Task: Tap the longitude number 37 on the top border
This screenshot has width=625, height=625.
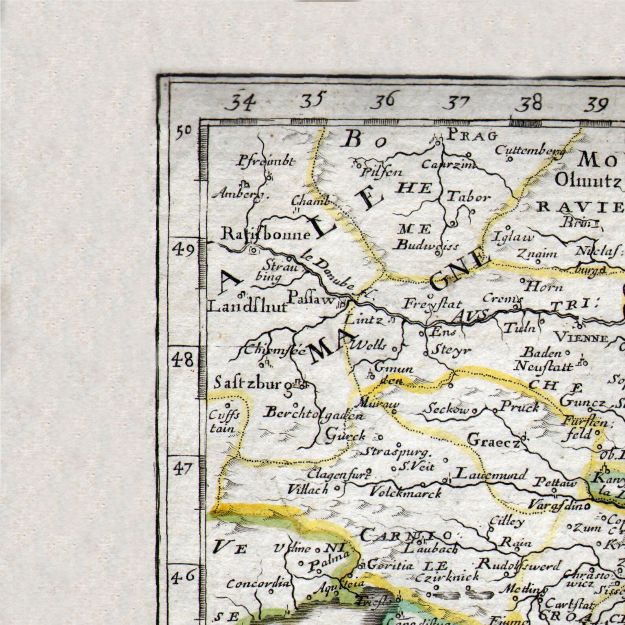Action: coord(458,103)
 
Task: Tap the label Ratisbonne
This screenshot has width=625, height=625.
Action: coord(266,235)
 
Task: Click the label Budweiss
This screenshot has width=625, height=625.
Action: coord(427,246)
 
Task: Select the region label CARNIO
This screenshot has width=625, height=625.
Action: coord(405,535)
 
